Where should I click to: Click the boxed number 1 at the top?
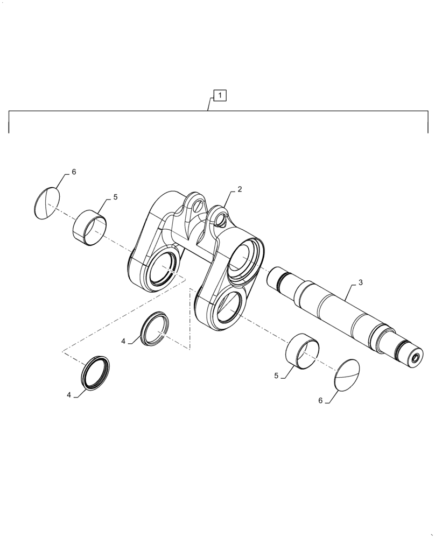click(x=221, y=96)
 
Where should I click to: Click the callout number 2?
click(x=240, y=189)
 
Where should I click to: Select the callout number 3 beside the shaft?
click(x=360, y=282)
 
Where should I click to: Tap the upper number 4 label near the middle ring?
click(x=123, y=341)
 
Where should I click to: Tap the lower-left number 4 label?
click(x=69, y=394)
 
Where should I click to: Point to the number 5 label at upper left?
click(x=115, y=197)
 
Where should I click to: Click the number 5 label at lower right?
click(x=276, y=376)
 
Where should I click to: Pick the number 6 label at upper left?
click(x=74, y=172)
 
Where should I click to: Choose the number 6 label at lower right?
click(x=320, y=400)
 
